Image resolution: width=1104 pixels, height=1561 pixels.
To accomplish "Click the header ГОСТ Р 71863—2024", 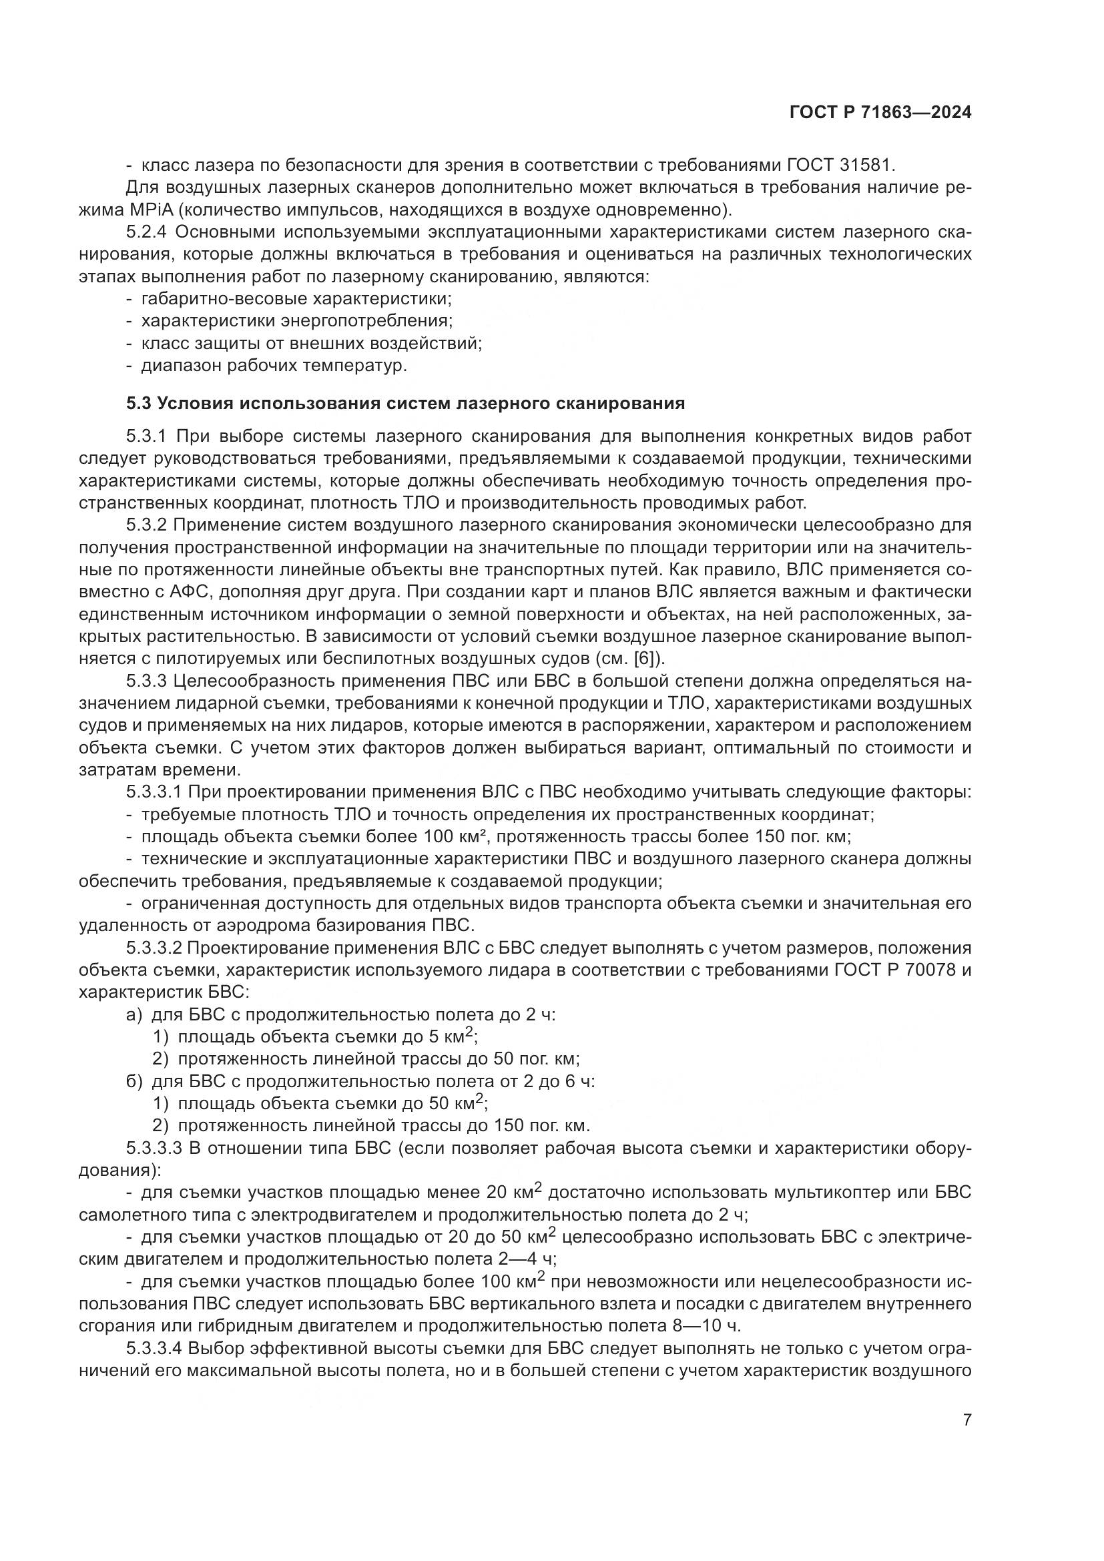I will [880, 113].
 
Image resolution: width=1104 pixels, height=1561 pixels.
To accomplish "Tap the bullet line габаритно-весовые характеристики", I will [296, 298].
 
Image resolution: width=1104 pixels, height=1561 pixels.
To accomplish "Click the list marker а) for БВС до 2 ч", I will [134, 1015].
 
